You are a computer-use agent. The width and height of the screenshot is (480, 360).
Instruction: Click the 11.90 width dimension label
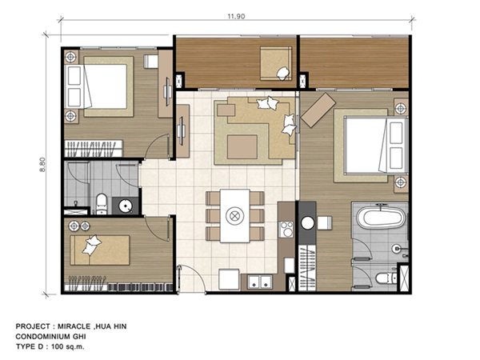(x=236, y=16)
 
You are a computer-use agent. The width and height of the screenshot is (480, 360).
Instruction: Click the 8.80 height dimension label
(x=42, y=165)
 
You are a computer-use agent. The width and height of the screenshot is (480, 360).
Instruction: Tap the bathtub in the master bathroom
(x=381, y=217)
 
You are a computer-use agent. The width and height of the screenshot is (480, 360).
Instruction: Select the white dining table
(x=234, y=216)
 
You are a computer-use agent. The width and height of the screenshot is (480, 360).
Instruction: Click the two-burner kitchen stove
(x=287, y=229)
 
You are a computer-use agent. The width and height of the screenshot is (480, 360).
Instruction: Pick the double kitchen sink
(x=260, y=282)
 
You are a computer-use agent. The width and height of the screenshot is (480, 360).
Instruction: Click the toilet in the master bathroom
(x=386, y=278)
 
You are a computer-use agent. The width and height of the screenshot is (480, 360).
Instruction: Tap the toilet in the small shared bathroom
(x=102, y=203)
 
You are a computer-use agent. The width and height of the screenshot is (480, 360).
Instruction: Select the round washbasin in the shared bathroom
(x=125, y=206)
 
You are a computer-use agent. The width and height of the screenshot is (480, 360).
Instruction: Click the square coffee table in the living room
(x=242, y=147)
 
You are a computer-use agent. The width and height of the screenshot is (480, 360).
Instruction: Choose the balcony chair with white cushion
(x=274, y=63)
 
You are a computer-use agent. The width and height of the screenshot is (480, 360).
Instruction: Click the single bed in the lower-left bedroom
(x=100, y=250)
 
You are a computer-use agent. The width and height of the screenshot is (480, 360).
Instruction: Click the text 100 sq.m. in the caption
(x=67, y=347)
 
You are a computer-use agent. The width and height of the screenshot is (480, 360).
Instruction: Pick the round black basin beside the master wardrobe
(x=307, y=223)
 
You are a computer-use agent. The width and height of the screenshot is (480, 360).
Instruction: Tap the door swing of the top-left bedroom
(x=158, y=146)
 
